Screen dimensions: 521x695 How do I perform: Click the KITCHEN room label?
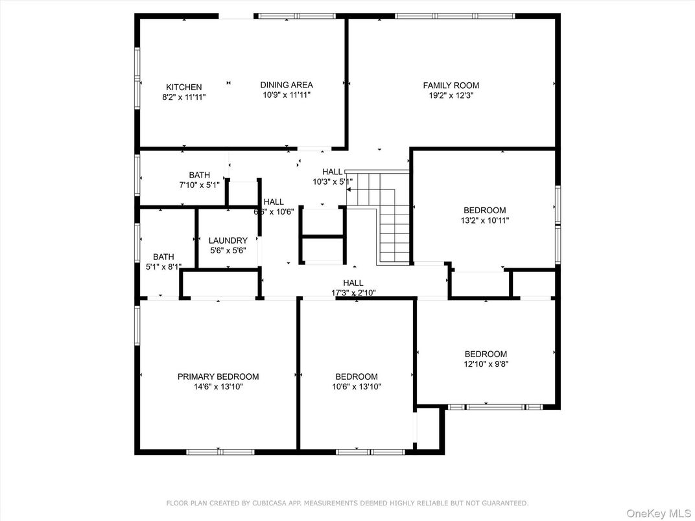[x=183, y=87]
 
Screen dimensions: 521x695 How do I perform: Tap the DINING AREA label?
[x=287, y=85]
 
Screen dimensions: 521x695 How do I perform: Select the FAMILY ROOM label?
[x=451, y=86]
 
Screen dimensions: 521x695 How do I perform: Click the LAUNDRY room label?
[x=228, y=240]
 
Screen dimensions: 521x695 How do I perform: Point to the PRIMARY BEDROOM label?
[x=218, y=376]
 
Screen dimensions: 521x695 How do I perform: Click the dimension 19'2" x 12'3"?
[x=451, y=95]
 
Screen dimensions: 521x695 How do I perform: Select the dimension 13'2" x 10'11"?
[x=484, y=220]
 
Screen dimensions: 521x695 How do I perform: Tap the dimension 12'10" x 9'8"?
[x=486, y=364]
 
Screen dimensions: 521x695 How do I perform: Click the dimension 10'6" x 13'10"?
[x=356, y=387]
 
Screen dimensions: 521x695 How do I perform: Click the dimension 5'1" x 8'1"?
[x=163, y=266]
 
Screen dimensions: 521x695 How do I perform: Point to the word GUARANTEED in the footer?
[x=504, y=503]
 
